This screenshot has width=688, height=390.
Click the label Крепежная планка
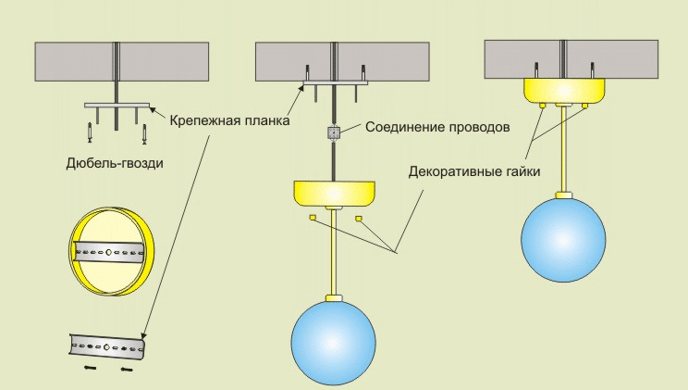228,120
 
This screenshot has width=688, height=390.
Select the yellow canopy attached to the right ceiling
564,90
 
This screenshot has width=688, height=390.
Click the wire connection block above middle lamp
334,132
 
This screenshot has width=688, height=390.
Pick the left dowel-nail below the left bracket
90,132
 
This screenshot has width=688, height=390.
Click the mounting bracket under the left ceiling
117,105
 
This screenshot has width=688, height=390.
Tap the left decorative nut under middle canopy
313,218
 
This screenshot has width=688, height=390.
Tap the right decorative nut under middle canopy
357,218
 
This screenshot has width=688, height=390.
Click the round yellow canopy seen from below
112,250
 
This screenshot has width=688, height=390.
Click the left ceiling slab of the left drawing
73,63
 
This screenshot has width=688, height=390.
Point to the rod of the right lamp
563,148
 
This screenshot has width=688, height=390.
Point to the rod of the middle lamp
334,259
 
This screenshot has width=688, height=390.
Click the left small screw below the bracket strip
91,368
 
